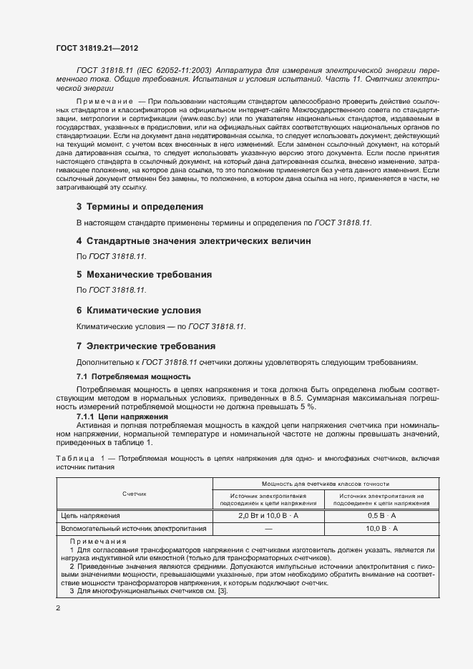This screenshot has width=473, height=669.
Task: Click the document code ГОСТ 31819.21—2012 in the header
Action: (x=97, y=49)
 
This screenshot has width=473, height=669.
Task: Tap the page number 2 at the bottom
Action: (x=58, y=608)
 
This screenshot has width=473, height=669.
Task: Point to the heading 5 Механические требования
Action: (x=143, y=275)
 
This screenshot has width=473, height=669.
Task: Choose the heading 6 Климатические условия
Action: (x=138, y=311)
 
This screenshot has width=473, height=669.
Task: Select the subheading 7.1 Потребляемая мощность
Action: (x=133, y=376)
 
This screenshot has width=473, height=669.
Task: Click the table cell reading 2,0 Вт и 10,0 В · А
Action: (x=268, y=515)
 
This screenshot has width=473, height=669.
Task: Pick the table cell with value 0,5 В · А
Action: (x=381, y=515)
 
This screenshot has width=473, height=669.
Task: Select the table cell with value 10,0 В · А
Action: (x=381, y=528)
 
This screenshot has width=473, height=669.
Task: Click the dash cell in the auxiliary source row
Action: (x=268, y=528)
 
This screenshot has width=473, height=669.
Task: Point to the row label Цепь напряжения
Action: (x=91, y=515)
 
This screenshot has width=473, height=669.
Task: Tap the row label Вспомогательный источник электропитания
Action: (x=134, y=528)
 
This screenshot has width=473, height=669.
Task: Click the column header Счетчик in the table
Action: (x=134, y=494)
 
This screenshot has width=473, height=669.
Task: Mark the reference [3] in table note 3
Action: (x=221, y=590)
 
